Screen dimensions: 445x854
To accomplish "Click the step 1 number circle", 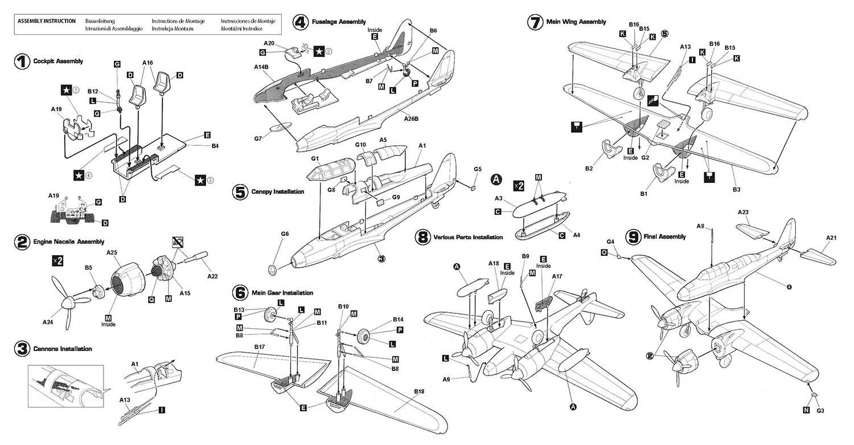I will pyautogui.click(x=21, y=62).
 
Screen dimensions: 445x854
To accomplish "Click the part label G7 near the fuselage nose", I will pyautogui.click(x=258, y=138).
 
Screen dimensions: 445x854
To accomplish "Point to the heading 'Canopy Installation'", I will pyautogui.click(x=277, y=192).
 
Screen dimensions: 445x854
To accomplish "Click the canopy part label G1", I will pyautogui.click(x=315, y=157).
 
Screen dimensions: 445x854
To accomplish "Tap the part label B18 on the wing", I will pyautogui.click(x=419, y=391).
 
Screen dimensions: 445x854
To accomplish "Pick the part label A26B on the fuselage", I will pyautogui.click(x=412, y=119).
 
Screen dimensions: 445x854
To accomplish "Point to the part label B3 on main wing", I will pyautogui.click(x=736, y=189).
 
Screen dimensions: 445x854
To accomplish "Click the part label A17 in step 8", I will pyautogui.click(x=557, y=276).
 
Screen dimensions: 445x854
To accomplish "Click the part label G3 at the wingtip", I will pyautogui.click(x=820, y=410).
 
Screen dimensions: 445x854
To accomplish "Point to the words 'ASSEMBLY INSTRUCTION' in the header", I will pyautogui.click(x=47, y=21).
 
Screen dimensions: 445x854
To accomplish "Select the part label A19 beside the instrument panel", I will pyautogui.click(x=55, y=195).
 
